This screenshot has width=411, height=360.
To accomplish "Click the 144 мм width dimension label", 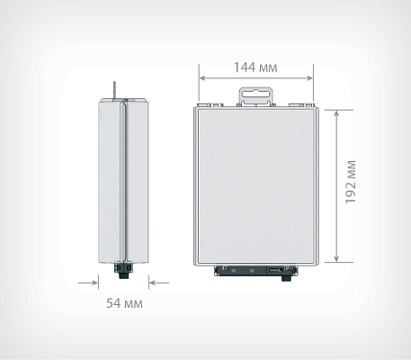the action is coord(255,67).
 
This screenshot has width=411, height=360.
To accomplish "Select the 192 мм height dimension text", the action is coord(351,182).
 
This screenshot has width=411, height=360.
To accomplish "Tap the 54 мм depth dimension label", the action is coord(124,303).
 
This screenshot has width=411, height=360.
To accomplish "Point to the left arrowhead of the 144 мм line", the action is coord(202,78).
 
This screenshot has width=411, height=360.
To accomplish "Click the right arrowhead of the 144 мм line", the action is coord(309,78).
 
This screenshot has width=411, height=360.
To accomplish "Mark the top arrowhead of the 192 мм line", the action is coord(336,113).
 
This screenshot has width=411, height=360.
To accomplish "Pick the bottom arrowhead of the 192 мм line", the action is coord(336,258).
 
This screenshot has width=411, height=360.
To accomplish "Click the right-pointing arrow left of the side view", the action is coord(88,283).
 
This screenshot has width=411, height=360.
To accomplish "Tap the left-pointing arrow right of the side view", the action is coord(159,283).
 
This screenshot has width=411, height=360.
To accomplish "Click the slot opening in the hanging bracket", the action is coord(255,94).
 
